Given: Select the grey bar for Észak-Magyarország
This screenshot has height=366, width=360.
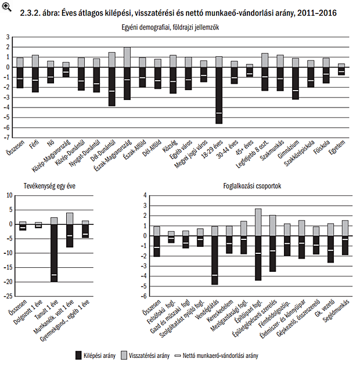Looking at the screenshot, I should coord(127,57).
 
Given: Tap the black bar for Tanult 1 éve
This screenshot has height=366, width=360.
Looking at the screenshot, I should coord(54,253).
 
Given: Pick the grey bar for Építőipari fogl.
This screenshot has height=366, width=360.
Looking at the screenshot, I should coord(258,222).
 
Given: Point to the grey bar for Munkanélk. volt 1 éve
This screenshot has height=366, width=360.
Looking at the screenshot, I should coord(70,218).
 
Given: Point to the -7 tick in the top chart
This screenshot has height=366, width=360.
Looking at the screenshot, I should coord(8,137).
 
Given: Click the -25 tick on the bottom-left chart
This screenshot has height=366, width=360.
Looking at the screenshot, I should coord(10,296).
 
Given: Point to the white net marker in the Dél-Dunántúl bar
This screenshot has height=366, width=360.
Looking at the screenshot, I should coord(111,91).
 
